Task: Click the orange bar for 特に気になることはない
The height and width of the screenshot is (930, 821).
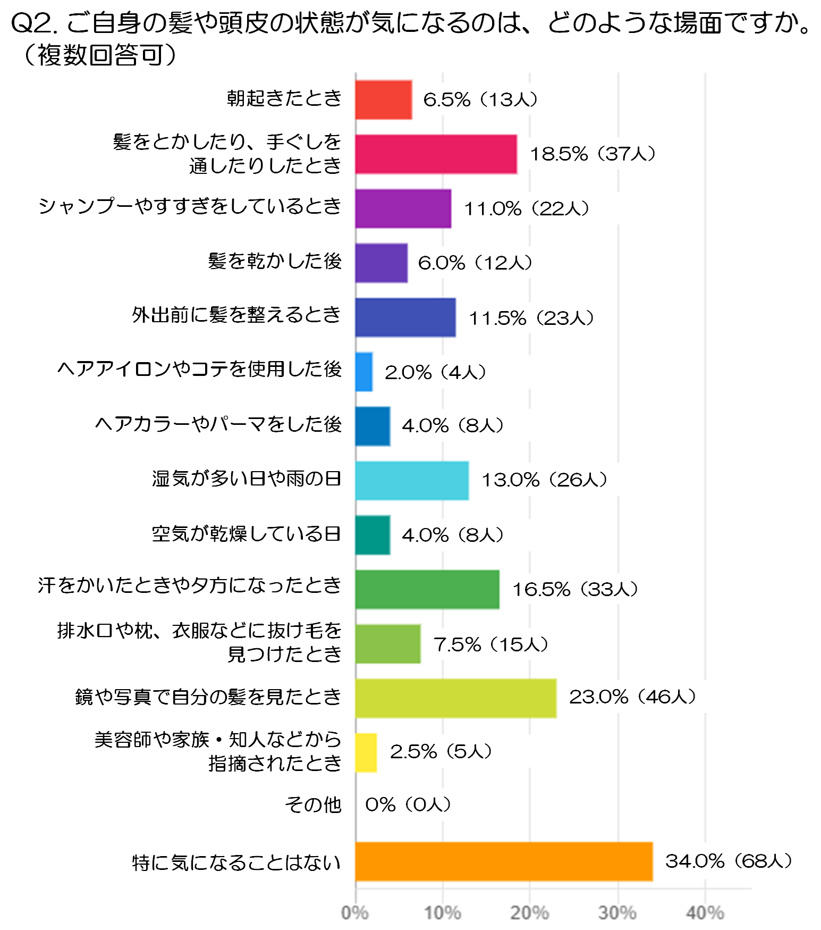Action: click(x=504, y=861)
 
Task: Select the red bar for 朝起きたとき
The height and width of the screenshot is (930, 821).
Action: click(x=384, y=100)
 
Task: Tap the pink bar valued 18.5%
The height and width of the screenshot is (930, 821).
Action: click(x=436, y=154)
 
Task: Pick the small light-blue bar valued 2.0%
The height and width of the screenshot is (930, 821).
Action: click(x=364, y=372)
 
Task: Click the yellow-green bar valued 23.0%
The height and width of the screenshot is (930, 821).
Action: click(x=456, y=698)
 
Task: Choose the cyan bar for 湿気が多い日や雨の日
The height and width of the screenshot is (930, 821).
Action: click(x=412, y=481)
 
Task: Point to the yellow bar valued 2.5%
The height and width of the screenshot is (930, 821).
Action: click(x=366, y=752)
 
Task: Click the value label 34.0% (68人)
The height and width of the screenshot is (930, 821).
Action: click(x=729, y=861)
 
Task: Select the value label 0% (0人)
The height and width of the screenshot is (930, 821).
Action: click(x=408, y=805)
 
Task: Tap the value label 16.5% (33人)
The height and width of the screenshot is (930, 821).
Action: click(x=575, y=589)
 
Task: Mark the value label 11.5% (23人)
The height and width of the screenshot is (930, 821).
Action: click(x=531, y=318)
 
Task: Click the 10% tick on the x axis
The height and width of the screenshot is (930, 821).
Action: click(x=443, y=912)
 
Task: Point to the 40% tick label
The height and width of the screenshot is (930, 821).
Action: click(x=705, y=912)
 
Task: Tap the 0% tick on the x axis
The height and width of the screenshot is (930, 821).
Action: click(x=355, y=912)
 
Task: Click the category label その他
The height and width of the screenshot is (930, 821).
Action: click(x=313, y=805)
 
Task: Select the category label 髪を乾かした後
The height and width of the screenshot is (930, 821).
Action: click(x=275, y=261)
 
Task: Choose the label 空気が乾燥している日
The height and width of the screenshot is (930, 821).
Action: click(x=247, y=533)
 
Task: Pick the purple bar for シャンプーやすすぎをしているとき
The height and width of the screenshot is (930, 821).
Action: click(x=403, y=208)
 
